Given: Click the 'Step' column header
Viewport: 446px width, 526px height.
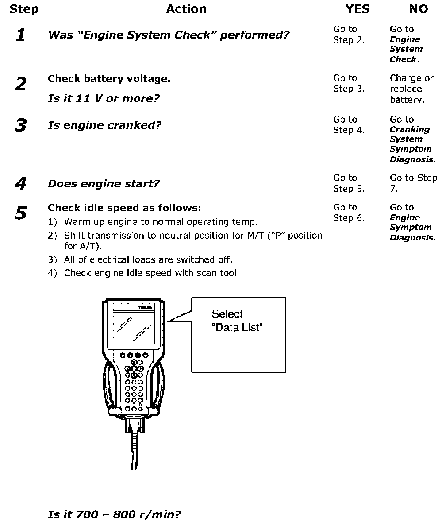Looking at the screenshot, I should (x=23, y=9).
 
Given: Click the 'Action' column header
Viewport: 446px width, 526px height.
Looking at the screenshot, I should (x=186, y=9).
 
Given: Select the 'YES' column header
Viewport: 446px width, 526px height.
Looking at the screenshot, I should (x=357, y=9).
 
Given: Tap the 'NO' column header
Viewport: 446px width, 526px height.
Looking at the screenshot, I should (x=418, y=9).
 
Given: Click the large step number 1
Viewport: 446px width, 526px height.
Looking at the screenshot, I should (x=20, y=35).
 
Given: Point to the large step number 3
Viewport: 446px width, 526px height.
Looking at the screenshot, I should (x=20, y=126).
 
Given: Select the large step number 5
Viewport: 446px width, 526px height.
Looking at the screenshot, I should (x=20, y=213).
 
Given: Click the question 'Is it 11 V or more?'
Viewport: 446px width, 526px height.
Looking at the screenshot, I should (x=103, y=98).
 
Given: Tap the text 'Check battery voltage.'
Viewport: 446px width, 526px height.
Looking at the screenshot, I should (x=109, y=79).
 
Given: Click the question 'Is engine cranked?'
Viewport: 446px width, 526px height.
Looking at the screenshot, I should (x=104, y=125).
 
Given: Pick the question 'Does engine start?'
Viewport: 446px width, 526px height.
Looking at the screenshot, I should (x=103, y=184).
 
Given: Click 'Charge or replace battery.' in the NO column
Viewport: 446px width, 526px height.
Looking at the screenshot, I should (x=411, y=89).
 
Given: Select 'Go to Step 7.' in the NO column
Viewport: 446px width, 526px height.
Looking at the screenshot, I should (x=413, y=183).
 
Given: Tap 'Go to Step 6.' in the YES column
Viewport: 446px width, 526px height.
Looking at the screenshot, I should (x=349, y=213).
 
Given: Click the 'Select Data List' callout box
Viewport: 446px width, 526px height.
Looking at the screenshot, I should (x=238, y=335).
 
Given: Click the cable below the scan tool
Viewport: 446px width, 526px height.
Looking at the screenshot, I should (x=134, y=452).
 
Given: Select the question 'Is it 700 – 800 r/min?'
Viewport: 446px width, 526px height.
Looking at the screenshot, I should (x=114, y=514).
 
